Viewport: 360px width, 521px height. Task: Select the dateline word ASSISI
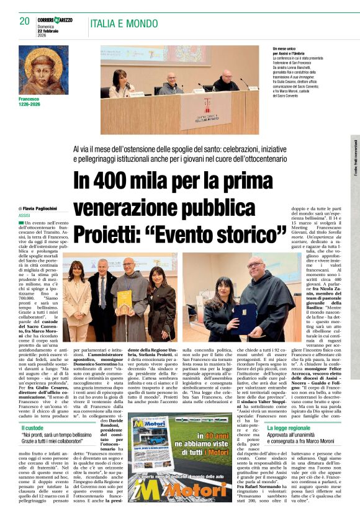(x=25, y=215)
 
